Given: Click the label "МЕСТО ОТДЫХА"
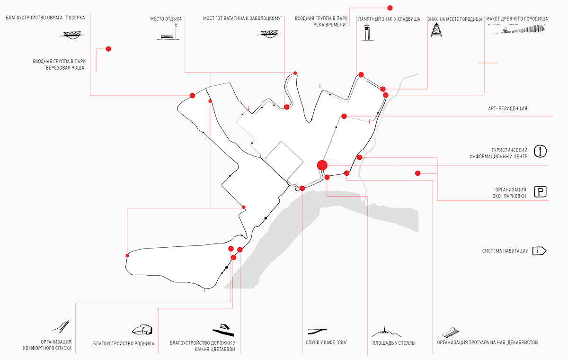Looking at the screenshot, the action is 166,19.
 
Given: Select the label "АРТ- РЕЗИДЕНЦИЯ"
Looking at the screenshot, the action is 507,108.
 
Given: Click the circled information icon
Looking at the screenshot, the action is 540,152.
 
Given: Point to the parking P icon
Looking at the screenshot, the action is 540,191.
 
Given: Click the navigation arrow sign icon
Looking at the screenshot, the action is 539,251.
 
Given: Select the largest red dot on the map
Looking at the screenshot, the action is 322,165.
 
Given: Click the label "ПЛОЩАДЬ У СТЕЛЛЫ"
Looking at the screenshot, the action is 394,343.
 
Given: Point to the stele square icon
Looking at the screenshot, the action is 386,331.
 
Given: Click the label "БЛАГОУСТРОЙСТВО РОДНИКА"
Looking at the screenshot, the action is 124,343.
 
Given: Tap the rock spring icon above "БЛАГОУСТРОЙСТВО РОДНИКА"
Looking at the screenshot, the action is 142,329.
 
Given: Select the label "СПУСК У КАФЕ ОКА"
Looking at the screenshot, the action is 326,342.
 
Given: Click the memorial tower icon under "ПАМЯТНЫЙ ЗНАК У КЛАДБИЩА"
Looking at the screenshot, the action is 367,33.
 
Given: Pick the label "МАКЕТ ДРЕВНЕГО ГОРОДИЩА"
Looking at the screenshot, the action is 517,19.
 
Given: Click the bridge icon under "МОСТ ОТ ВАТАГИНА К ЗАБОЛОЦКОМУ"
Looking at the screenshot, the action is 269,34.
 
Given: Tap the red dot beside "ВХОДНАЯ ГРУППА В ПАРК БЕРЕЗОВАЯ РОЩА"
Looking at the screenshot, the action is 108,49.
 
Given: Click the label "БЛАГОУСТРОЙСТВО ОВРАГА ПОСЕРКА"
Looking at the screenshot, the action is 46,18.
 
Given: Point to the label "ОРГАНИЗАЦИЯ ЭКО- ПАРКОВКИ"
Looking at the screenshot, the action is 510,193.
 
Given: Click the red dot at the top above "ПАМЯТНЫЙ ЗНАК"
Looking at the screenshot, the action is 390,8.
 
